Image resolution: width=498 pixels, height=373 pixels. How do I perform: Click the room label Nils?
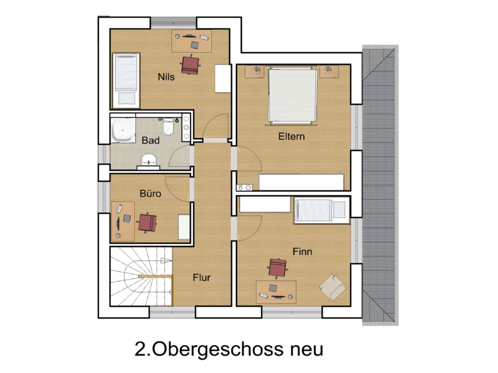pos(166,76)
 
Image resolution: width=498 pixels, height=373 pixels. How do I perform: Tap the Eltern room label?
pos(291,136)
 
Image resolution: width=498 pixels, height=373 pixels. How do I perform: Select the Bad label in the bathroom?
pos(150,140)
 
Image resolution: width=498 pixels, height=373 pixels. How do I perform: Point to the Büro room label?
pos(150,193)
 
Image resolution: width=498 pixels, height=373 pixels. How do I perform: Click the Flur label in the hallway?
pos(201,278)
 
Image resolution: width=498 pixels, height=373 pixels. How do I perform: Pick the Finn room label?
pos(302,252)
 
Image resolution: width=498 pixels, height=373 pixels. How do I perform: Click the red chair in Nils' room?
pos(191,65)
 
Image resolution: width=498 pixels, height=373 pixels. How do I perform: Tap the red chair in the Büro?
pos(147,222)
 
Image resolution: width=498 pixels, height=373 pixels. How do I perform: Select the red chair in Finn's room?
pos(278,267)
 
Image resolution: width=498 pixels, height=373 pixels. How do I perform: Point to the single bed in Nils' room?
pos(126,80)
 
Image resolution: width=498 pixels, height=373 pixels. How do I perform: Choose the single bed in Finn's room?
pos(321,210)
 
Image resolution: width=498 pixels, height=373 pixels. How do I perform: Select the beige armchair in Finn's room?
pos(333,288)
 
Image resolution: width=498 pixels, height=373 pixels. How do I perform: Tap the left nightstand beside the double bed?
pos(255,71)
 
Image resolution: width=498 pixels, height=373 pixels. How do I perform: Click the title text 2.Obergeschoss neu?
pos(229,349)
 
